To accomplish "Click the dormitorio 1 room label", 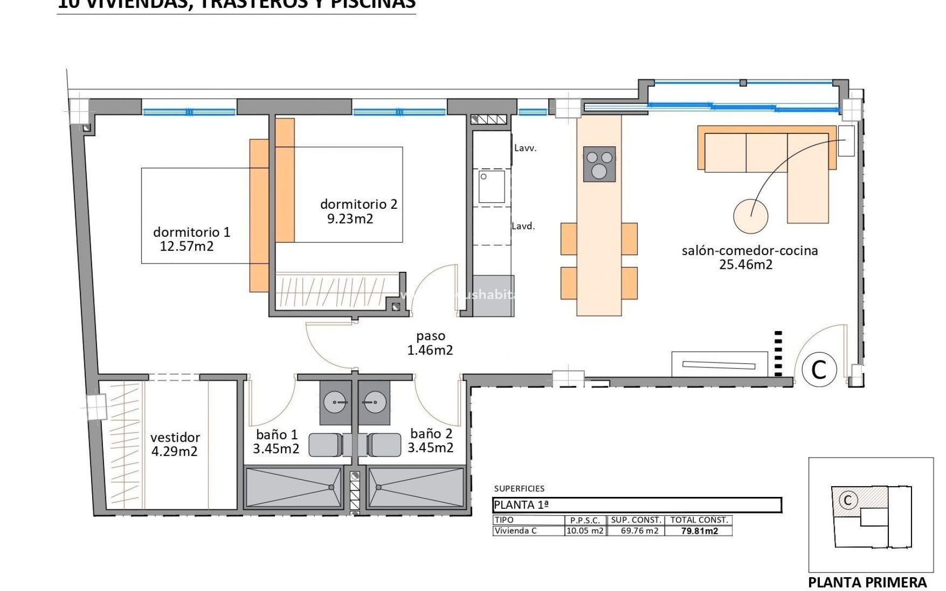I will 192,232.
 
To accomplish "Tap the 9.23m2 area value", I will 350,219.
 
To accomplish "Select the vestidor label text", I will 175,437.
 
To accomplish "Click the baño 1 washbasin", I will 335,402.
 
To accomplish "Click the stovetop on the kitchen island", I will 599,164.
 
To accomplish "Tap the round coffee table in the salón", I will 750,216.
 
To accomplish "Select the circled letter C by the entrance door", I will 819,369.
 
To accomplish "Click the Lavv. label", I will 525,148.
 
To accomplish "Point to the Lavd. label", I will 523,226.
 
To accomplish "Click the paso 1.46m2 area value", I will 430,350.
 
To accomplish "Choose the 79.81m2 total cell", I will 699,531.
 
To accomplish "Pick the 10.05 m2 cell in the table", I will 585,531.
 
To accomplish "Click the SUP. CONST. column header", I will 636,520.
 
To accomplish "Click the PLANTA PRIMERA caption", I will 867,582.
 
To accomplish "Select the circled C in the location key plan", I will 848,500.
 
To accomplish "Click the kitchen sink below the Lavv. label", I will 491,187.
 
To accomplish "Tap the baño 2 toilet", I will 385,445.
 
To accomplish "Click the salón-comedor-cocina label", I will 749,250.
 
